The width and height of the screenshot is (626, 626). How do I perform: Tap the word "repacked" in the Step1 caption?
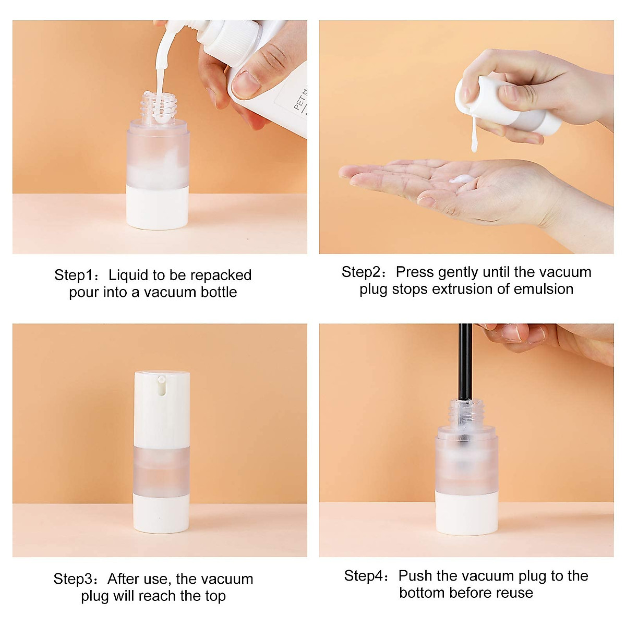[x=223, y=275]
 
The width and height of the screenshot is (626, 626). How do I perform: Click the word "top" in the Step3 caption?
[x=215, y=596]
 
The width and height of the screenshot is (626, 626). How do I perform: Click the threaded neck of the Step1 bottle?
[x=158, y=107]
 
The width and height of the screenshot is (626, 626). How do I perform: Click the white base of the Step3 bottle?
[x=162, y=513]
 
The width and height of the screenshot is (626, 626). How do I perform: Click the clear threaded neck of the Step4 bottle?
[x=466, y=412]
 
